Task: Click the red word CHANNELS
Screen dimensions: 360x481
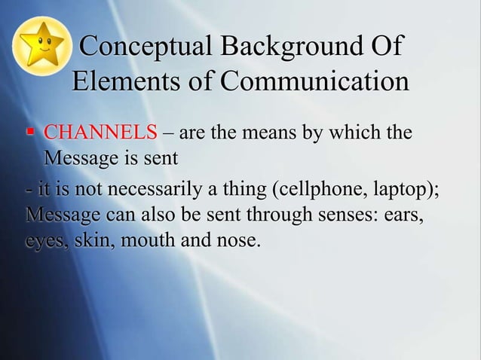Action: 100,134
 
